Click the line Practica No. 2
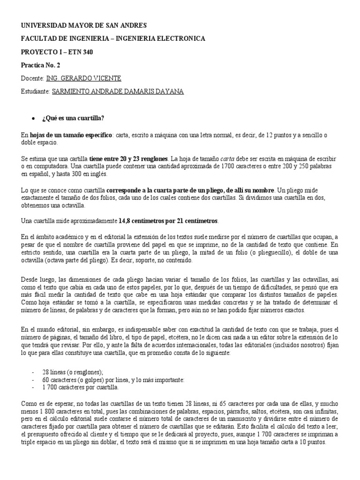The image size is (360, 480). (41, 65)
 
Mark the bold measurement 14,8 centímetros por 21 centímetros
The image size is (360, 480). (168, 220)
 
